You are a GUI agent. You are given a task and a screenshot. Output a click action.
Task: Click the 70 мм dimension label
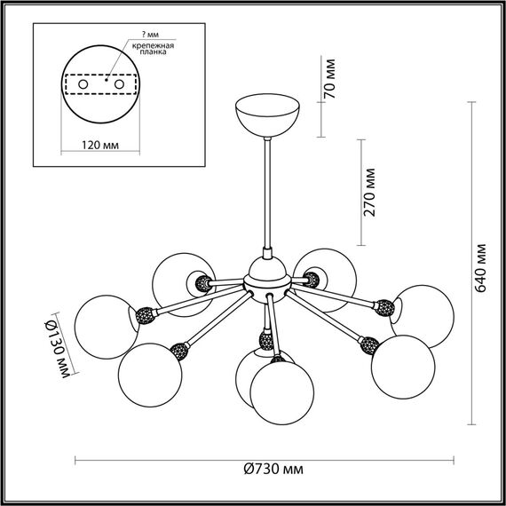[330, 78]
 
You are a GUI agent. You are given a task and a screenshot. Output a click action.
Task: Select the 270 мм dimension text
[369, 193]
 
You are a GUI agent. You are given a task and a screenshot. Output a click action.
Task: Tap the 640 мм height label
[480, 268]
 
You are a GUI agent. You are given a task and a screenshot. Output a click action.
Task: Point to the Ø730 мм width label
[273, 469]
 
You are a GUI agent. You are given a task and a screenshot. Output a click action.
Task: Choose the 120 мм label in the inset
[100, 146]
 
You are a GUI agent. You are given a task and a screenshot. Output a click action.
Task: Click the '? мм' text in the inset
[150, 35]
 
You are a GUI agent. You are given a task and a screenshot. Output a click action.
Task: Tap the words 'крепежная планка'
[153, 49]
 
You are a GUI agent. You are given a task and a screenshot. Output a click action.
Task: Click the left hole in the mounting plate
[83, 84]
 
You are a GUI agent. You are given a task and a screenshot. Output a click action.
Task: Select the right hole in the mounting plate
[120, 84]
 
